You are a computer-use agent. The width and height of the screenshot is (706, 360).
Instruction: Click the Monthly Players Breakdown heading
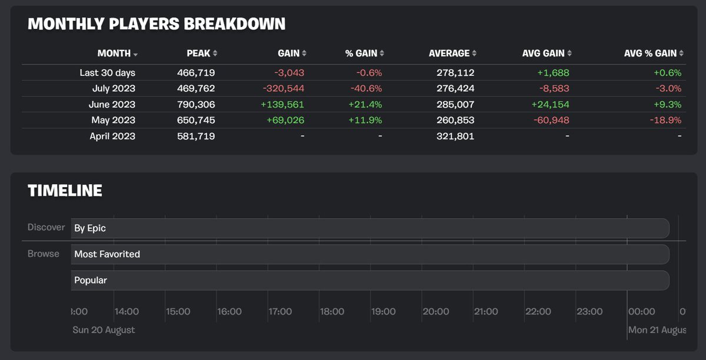click(156, 24)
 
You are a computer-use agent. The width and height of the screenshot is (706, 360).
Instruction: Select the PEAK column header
click(198, 53)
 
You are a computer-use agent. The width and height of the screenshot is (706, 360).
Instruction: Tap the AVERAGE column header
click(449, 53)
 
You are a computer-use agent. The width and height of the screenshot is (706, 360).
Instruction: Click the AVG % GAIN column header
click(650, 53)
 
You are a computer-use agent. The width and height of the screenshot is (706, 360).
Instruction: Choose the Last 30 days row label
click(108, 73)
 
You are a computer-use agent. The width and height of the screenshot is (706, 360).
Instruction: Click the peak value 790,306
click(196, 105)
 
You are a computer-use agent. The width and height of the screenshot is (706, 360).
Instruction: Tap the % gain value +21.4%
click(366, 105)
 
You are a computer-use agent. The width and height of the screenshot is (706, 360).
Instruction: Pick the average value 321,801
click(455, 136)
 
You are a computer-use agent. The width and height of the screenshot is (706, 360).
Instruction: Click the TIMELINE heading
click(65, 191)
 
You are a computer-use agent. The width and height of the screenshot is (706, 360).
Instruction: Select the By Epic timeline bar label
click(90, 228)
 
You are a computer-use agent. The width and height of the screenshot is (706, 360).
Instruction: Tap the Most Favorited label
click(107, 254)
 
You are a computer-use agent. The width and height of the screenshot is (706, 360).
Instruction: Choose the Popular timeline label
click(91, 281)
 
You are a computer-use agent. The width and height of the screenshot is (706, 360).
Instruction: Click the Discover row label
click(46, 228)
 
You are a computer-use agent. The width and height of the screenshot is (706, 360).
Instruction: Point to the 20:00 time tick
click(435, 312)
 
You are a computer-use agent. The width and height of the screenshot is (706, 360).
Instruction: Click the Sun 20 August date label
click(104, 330)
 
